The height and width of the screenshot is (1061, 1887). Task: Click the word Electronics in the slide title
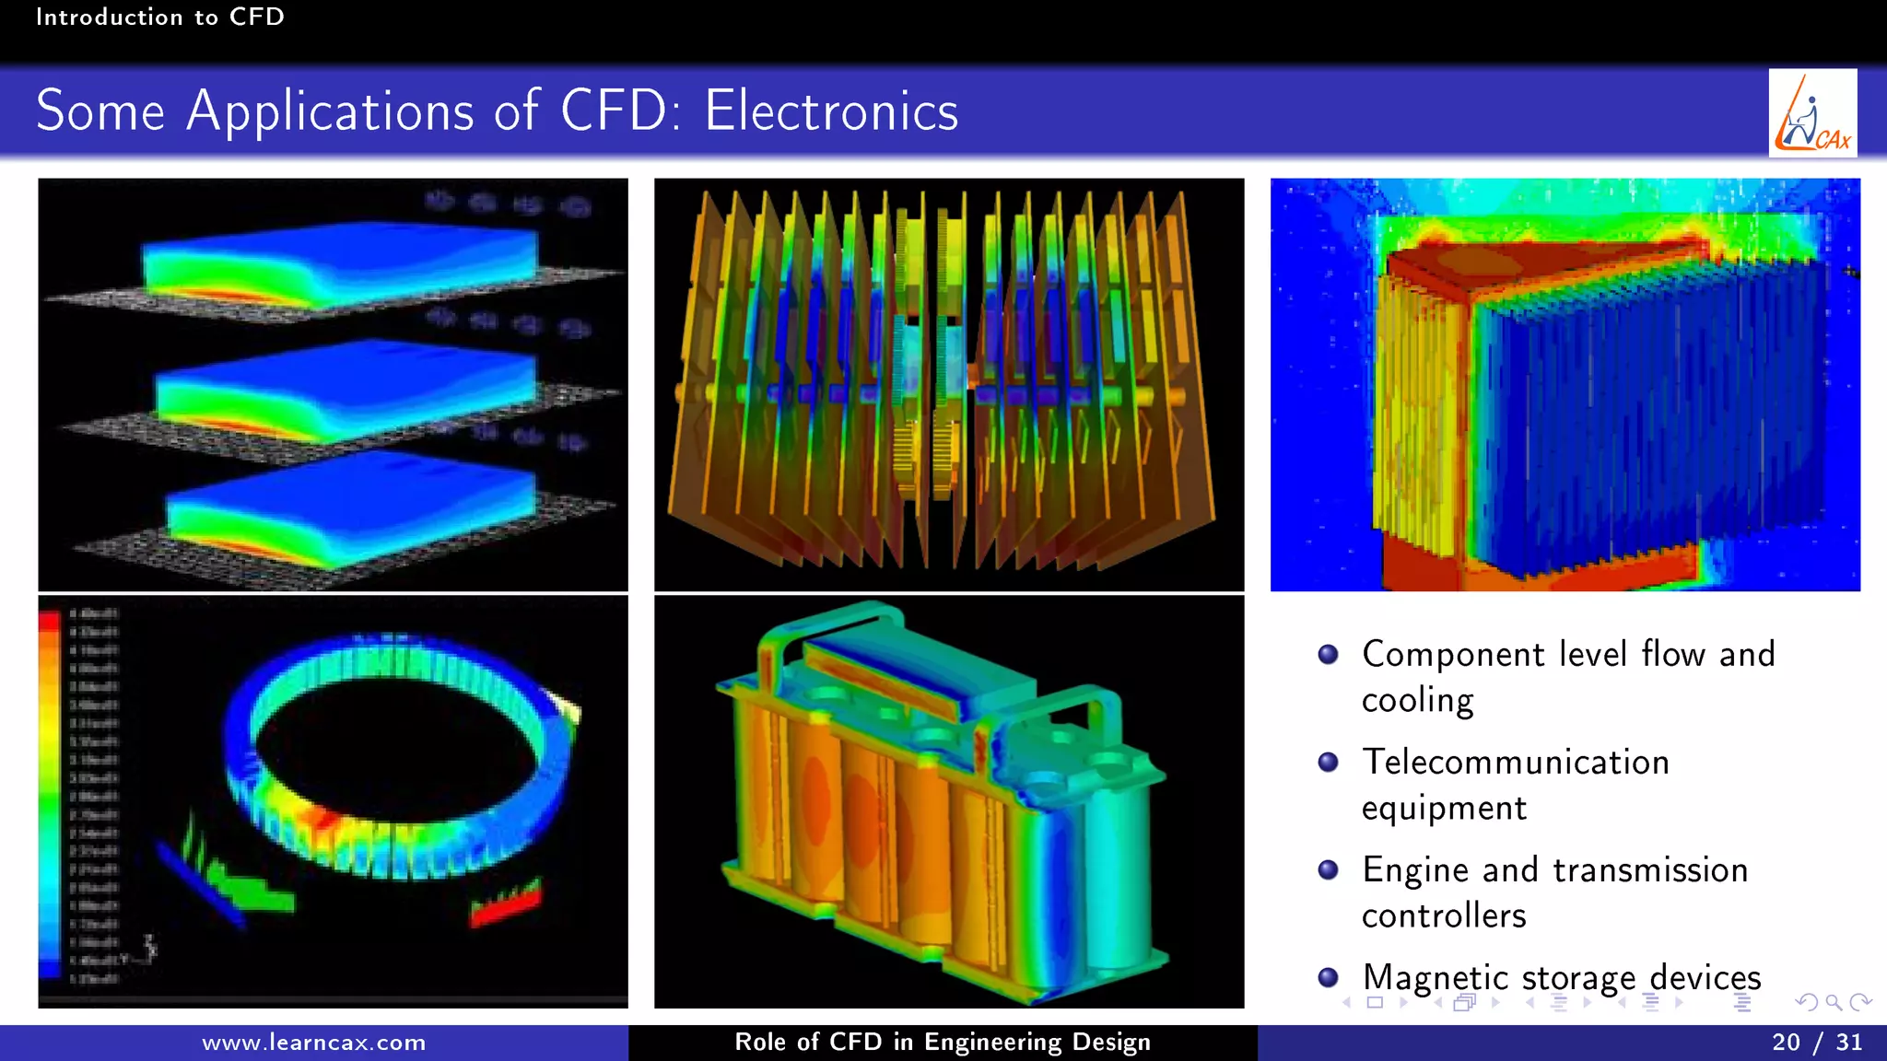point(831,111)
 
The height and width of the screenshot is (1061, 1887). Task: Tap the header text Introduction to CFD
point(159,17)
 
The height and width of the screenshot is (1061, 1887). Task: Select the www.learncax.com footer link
point(313,1043)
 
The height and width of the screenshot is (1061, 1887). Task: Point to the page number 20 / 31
point(1816,1043)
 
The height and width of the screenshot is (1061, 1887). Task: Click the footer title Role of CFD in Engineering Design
point(943,1043)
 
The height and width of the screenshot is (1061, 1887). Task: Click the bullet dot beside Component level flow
point(1328,654)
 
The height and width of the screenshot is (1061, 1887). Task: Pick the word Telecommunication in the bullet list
point(1516,763)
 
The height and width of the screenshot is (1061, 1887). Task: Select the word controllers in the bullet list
point(1444,915)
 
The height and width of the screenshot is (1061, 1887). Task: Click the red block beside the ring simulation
point(505,904)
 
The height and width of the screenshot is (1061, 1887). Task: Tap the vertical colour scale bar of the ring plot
point(50,792)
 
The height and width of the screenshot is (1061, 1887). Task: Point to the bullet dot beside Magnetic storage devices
point(1328,977)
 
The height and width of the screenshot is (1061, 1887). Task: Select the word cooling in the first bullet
point(1417,701)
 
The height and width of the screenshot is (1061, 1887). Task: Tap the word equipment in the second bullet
point(1444,809)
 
